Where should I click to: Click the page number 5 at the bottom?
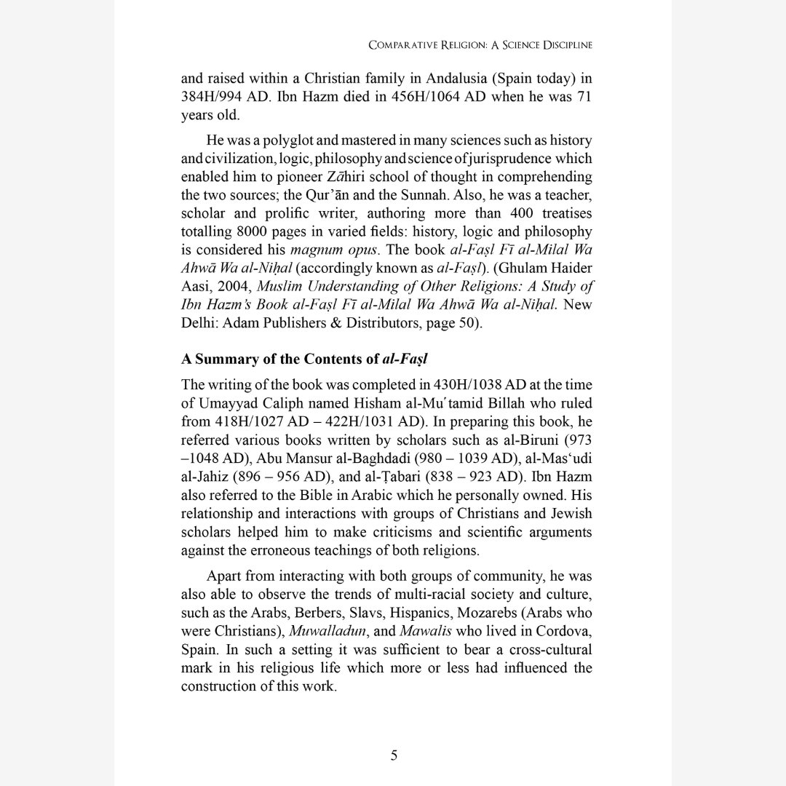point(393,755)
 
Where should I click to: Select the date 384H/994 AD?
point(219,97)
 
